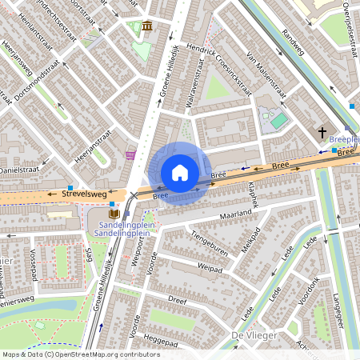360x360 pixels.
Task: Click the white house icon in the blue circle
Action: [180, 173]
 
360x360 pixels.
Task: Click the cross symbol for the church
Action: [323, 133]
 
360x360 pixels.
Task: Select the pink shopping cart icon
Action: [130, 154]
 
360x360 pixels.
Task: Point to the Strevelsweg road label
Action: [83, 194]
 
